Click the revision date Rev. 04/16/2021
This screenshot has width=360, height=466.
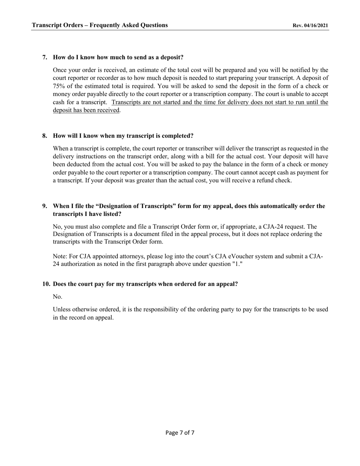tap(310, 25)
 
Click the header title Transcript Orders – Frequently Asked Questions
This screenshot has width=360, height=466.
tap(100, 25)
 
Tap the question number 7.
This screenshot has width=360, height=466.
tap(45, 57)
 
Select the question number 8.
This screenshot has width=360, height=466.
tap(45, 136)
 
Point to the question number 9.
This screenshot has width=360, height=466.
tap(45, 206)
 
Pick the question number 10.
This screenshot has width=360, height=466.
tap(46, 284)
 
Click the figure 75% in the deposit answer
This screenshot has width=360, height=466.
tap(59, 86)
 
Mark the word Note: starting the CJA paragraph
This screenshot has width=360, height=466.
tap(60, 256)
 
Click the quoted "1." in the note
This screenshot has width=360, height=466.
tap(237, 264)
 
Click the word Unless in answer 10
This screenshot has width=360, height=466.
tap(62, 310)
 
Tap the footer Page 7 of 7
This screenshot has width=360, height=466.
tap(180, 433)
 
